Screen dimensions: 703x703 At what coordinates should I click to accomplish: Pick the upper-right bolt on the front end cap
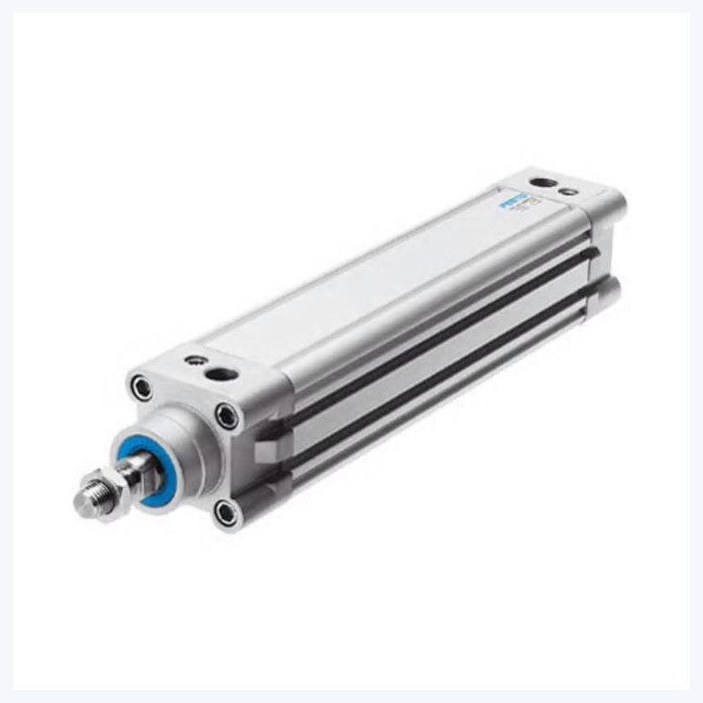click(x=226, y=416)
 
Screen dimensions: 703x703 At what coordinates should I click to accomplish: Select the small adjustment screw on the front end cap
click(x=193, y=360)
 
